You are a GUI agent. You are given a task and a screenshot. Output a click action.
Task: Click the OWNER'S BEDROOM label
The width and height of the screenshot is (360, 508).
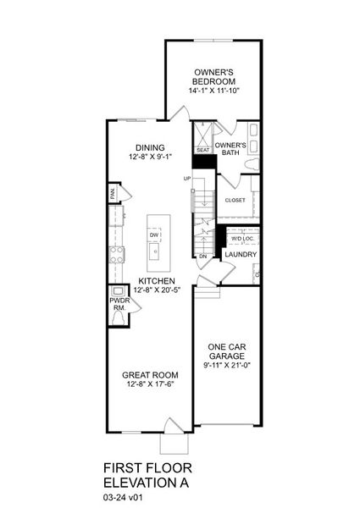pos(214,77)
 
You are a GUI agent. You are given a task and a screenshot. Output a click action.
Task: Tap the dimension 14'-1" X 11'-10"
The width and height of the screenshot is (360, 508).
pos(214,91)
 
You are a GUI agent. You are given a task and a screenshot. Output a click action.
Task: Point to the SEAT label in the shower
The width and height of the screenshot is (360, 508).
pos(202,151)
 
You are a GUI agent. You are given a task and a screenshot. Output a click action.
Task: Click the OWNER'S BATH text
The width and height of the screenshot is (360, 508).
pos(230,150)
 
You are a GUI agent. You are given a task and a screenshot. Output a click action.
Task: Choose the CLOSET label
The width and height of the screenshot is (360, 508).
pos(235,201)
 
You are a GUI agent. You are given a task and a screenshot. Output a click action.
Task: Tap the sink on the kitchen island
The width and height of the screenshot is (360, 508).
pos(155,251)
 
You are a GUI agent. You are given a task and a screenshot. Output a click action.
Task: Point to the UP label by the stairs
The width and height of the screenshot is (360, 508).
pos(187,179)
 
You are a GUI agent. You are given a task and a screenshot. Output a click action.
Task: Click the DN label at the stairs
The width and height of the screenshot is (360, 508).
pos(202,256)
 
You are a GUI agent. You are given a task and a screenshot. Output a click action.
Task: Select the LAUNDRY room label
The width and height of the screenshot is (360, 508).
pos(241,254)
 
